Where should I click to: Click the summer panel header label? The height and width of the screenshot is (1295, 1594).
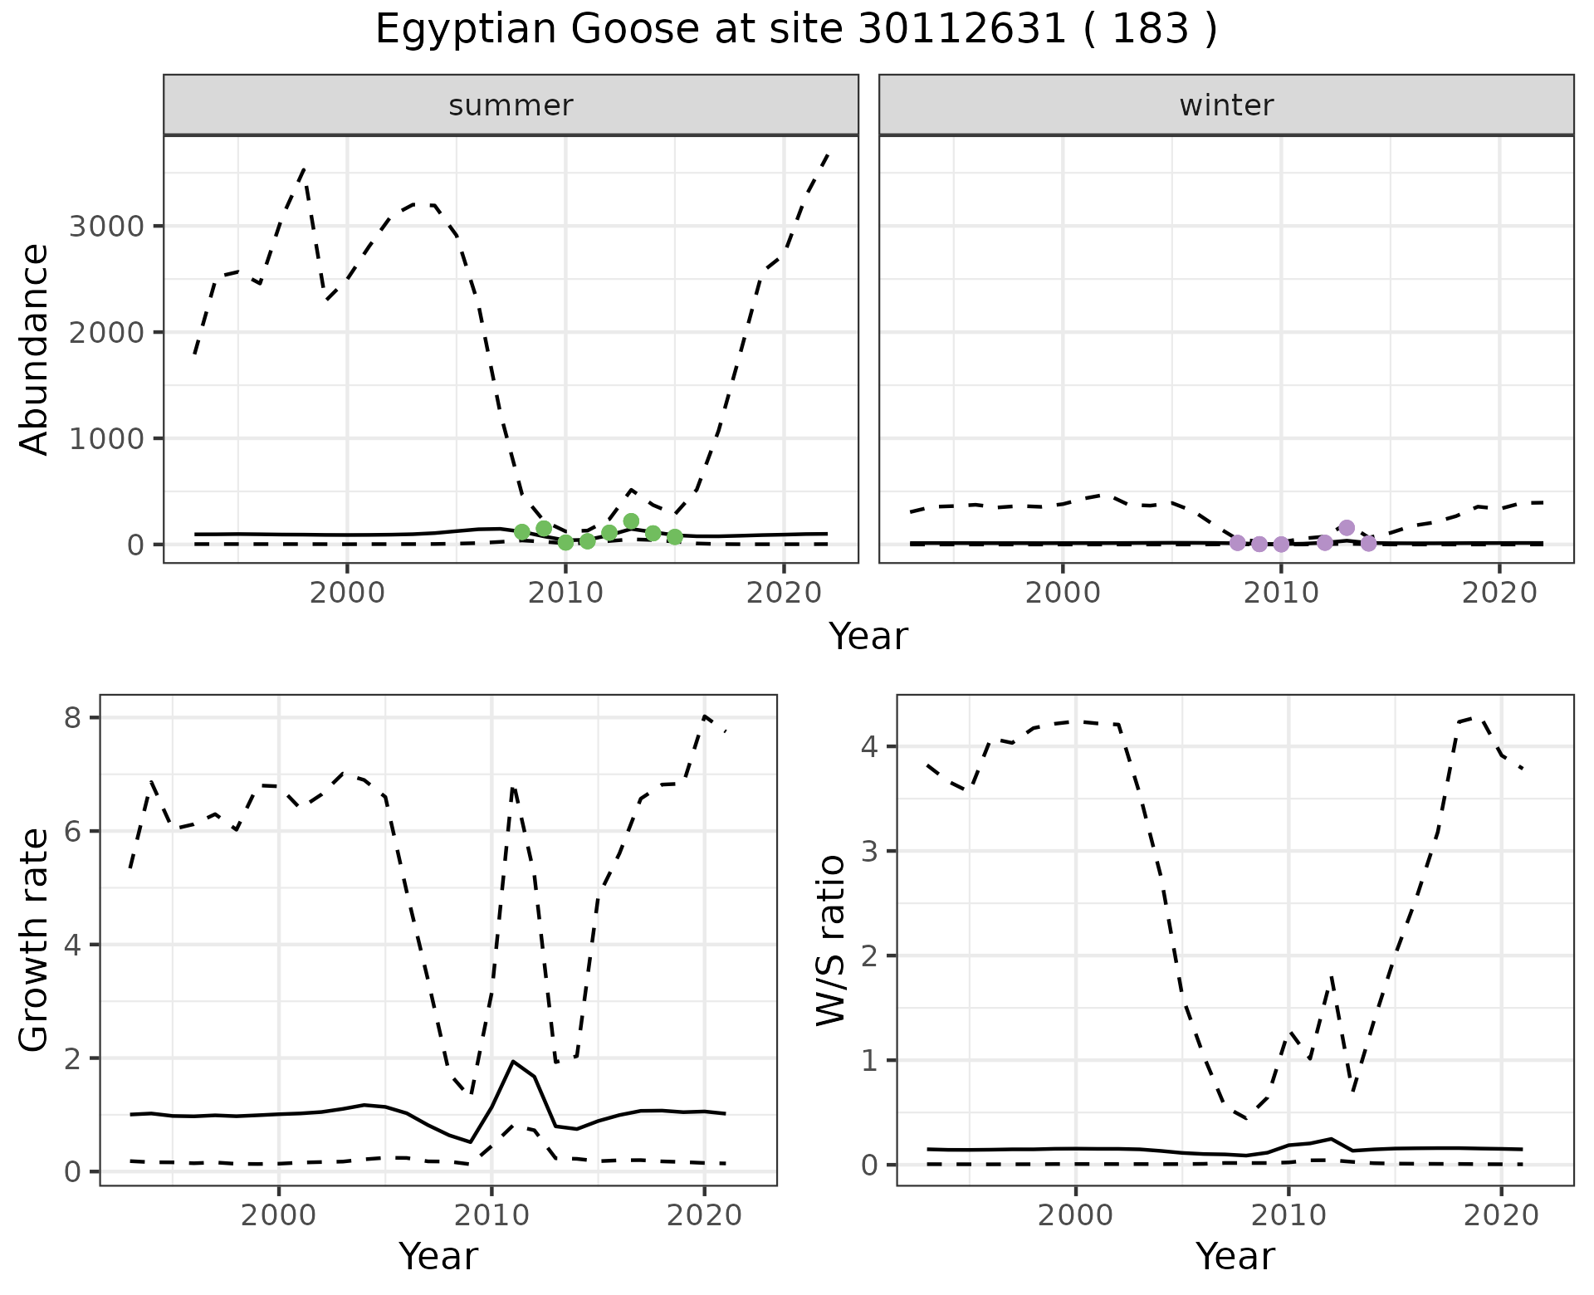coord(511,105)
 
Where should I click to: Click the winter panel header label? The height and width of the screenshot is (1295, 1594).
coord(1226,105)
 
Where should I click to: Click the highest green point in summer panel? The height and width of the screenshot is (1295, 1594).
coord(631,521)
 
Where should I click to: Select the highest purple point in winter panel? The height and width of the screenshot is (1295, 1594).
coord(1347,528)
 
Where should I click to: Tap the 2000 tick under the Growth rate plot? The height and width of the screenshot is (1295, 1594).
coord(279,1216)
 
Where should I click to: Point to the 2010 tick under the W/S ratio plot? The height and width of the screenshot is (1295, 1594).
coord(1288,1216)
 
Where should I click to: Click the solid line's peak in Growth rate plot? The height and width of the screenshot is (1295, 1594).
coord(513,1061)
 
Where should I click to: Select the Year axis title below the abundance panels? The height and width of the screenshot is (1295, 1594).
coord(868,637)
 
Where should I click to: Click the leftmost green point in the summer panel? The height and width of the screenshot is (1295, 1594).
coord(522,532)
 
